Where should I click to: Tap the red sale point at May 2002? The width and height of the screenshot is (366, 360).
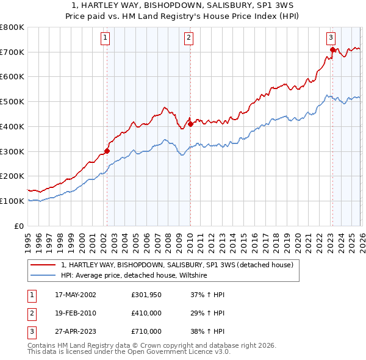(x=107, y=151)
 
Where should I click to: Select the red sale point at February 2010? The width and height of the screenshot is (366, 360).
(x=190, y=124)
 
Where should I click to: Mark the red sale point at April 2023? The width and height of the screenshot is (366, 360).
(x=332, y=49)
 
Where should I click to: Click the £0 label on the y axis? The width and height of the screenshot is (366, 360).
(x=19, y=226)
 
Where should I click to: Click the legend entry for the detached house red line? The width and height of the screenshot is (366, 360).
(x=178, y=265)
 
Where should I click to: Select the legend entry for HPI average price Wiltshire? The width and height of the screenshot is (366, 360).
(x=134, y=276)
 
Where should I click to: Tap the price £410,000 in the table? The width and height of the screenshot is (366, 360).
(x=146, y=313)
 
